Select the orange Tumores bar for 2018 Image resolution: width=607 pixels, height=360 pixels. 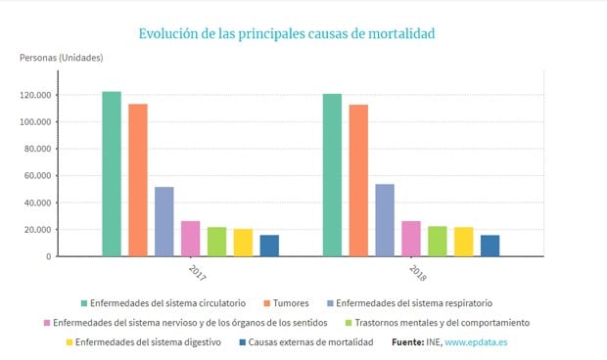click(x=358, y=180)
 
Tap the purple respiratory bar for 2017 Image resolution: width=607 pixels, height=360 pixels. click(x=164, y=221)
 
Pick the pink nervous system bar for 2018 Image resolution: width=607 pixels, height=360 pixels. click(x=411, y=239)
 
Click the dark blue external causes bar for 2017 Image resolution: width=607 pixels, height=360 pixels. click(x=269, y=246)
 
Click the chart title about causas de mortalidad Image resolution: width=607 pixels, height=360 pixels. click(x=286, y=33)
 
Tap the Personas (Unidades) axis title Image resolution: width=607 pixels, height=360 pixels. click(x=61, y=58)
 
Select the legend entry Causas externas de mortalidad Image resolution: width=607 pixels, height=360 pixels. click(x=310, y=342)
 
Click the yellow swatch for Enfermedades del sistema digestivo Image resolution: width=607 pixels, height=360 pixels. click(x=70, y=342)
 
